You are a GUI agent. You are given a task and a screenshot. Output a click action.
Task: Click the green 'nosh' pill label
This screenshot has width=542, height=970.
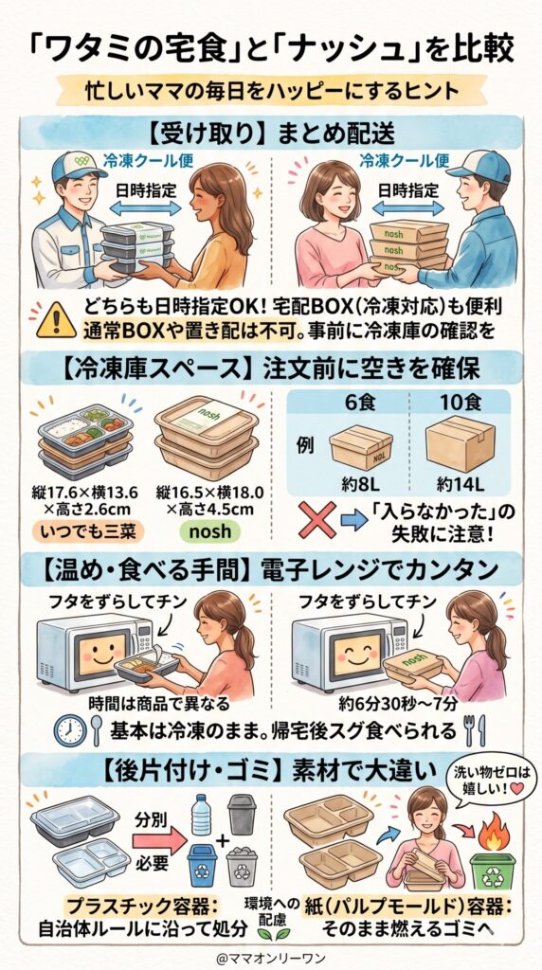(x=209, y=530)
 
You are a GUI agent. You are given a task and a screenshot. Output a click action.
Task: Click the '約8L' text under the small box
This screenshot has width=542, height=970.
(x=360, y=483)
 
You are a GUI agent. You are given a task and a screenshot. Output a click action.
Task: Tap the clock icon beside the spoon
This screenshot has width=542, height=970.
(x=67, y=729)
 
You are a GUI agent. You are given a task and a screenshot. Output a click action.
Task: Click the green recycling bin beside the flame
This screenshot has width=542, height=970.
(x=497, y=871)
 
